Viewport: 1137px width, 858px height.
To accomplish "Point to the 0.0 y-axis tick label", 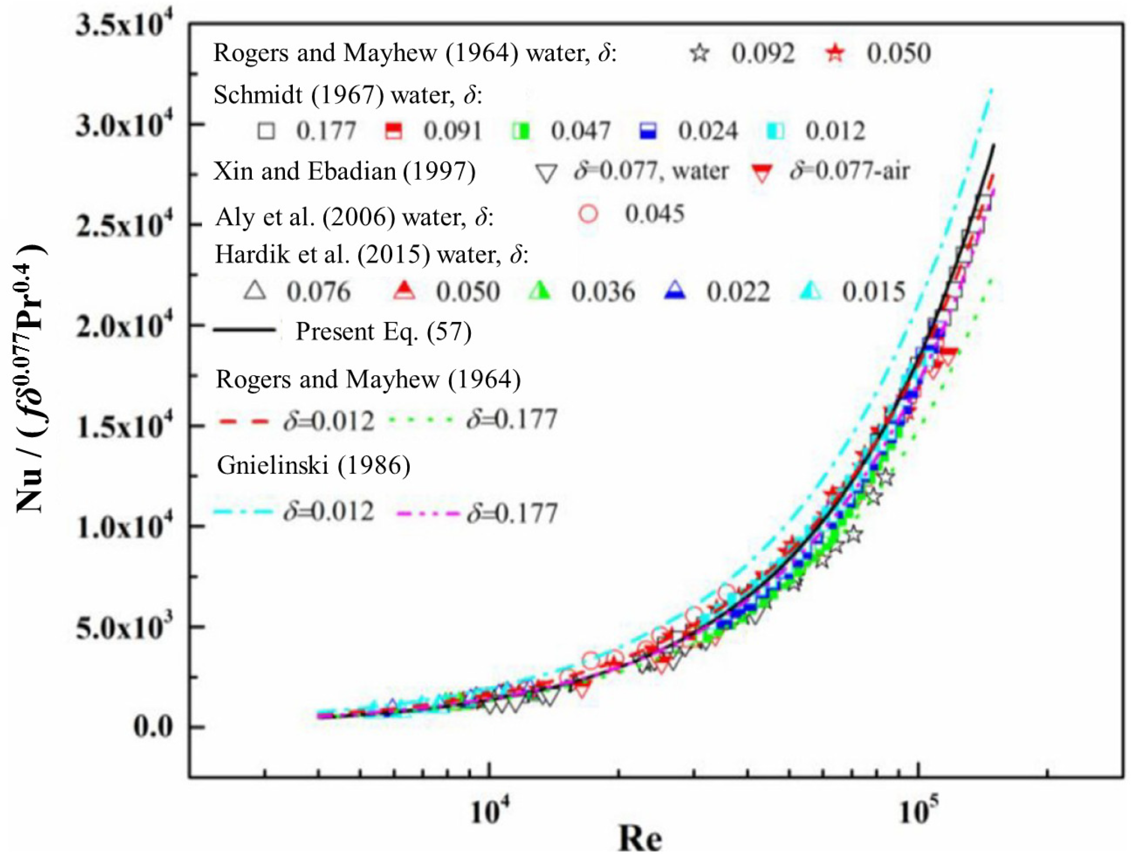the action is tap(154, 727).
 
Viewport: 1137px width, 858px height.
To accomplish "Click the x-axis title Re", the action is tap(640, 840).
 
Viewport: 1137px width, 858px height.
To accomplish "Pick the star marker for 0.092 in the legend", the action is tap(700, 54).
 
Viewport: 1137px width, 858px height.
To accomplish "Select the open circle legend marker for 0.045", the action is tap(588, 213).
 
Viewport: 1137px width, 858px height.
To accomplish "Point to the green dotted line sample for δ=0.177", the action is tap(421, 420).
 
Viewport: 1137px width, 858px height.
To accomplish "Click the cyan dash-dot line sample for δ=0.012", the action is tap(242, 511).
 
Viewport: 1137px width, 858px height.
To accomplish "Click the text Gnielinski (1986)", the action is tap(314, 465).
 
